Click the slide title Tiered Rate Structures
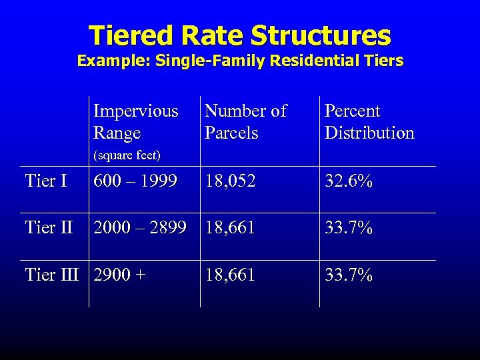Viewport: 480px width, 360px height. [x=239, y=35]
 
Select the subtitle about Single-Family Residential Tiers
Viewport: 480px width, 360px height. [x=240, y=61]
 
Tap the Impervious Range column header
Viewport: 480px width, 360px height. [x=136, y=121]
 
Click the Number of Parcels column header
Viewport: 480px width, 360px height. [x=245, y=121]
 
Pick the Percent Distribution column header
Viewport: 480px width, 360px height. [x=369, y=121]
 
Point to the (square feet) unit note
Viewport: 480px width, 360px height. [x=127, y=155]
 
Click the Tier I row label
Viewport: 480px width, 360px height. [x=46, y=181]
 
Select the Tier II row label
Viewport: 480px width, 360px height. [x=49, y=227]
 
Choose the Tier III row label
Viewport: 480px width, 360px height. [x=52, y=275]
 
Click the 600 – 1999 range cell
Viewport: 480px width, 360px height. [x=135, y=181]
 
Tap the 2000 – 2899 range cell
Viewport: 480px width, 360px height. [x=140, y=227]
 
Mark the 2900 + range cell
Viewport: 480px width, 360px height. [x=119, y=275]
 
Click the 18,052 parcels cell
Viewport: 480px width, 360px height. [x=230, y=181]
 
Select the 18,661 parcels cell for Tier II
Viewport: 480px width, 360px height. [x=230, y=227]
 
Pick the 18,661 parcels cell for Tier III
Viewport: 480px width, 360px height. [x=230, y=275]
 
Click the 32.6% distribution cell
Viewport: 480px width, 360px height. [x=349, y=181]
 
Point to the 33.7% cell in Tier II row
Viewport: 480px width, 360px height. [x=349, y=227]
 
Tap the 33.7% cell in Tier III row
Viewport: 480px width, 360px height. [x=349, y=275]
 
